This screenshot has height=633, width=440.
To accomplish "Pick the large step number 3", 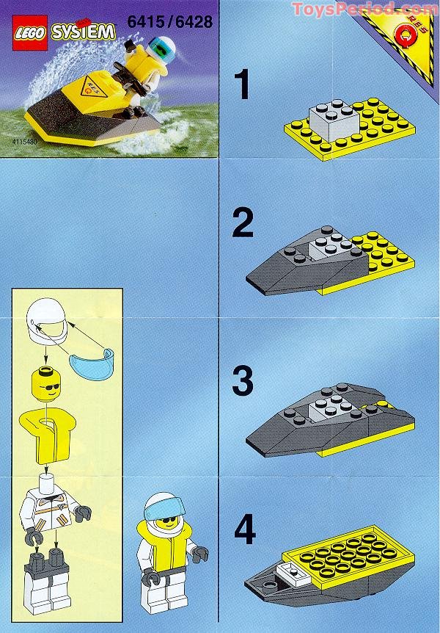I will coord(242,380).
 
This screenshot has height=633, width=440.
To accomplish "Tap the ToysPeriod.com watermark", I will coord(364,10).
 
